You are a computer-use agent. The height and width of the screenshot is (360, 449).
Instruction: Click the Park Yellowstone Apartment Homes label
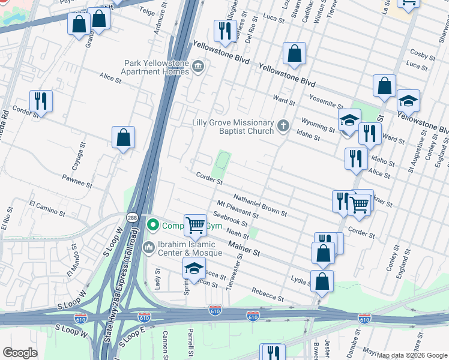[x=155, y=67]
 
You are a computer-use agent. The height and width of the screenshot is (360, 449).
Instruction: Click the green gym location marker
[x=153, y=226]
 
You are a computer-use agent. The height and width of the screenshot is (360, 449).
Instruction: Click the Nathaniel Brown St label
[x=260, y=205]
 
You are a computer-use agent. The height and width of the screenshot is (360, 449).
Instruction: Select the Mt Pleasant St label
[x=237, y=210]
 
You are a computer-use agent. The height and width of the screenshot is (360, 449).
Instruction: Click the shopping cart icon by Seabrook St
[x=196, y=226]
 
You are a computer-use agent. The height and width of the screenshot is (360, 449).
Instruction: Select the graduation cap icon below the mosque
[x=194, y=269]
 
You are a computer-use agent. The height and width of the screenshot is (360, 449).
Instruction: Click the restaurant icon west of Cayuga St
[x=41, y=101]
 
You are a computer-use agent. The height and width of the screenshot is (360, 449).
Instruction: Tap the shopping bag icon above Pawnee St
[x=123, y=138]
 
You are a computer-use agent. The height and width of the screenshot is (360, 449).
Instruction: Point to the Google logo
[x=20, y=353]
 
